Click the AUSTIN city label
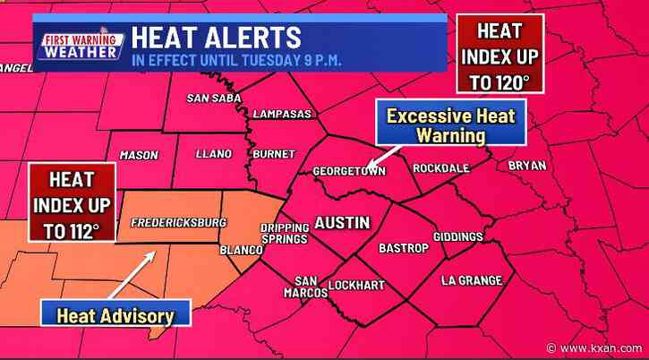click(x=341, y=220)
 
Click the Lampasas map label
click(x=280, y=115)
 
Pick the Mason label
click(x=139, y=155)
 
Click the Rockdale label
click(x=440, y=167)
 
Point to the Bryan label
click(x=527, y=165)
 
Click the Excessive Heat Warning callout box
click(x=438, y=125)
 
